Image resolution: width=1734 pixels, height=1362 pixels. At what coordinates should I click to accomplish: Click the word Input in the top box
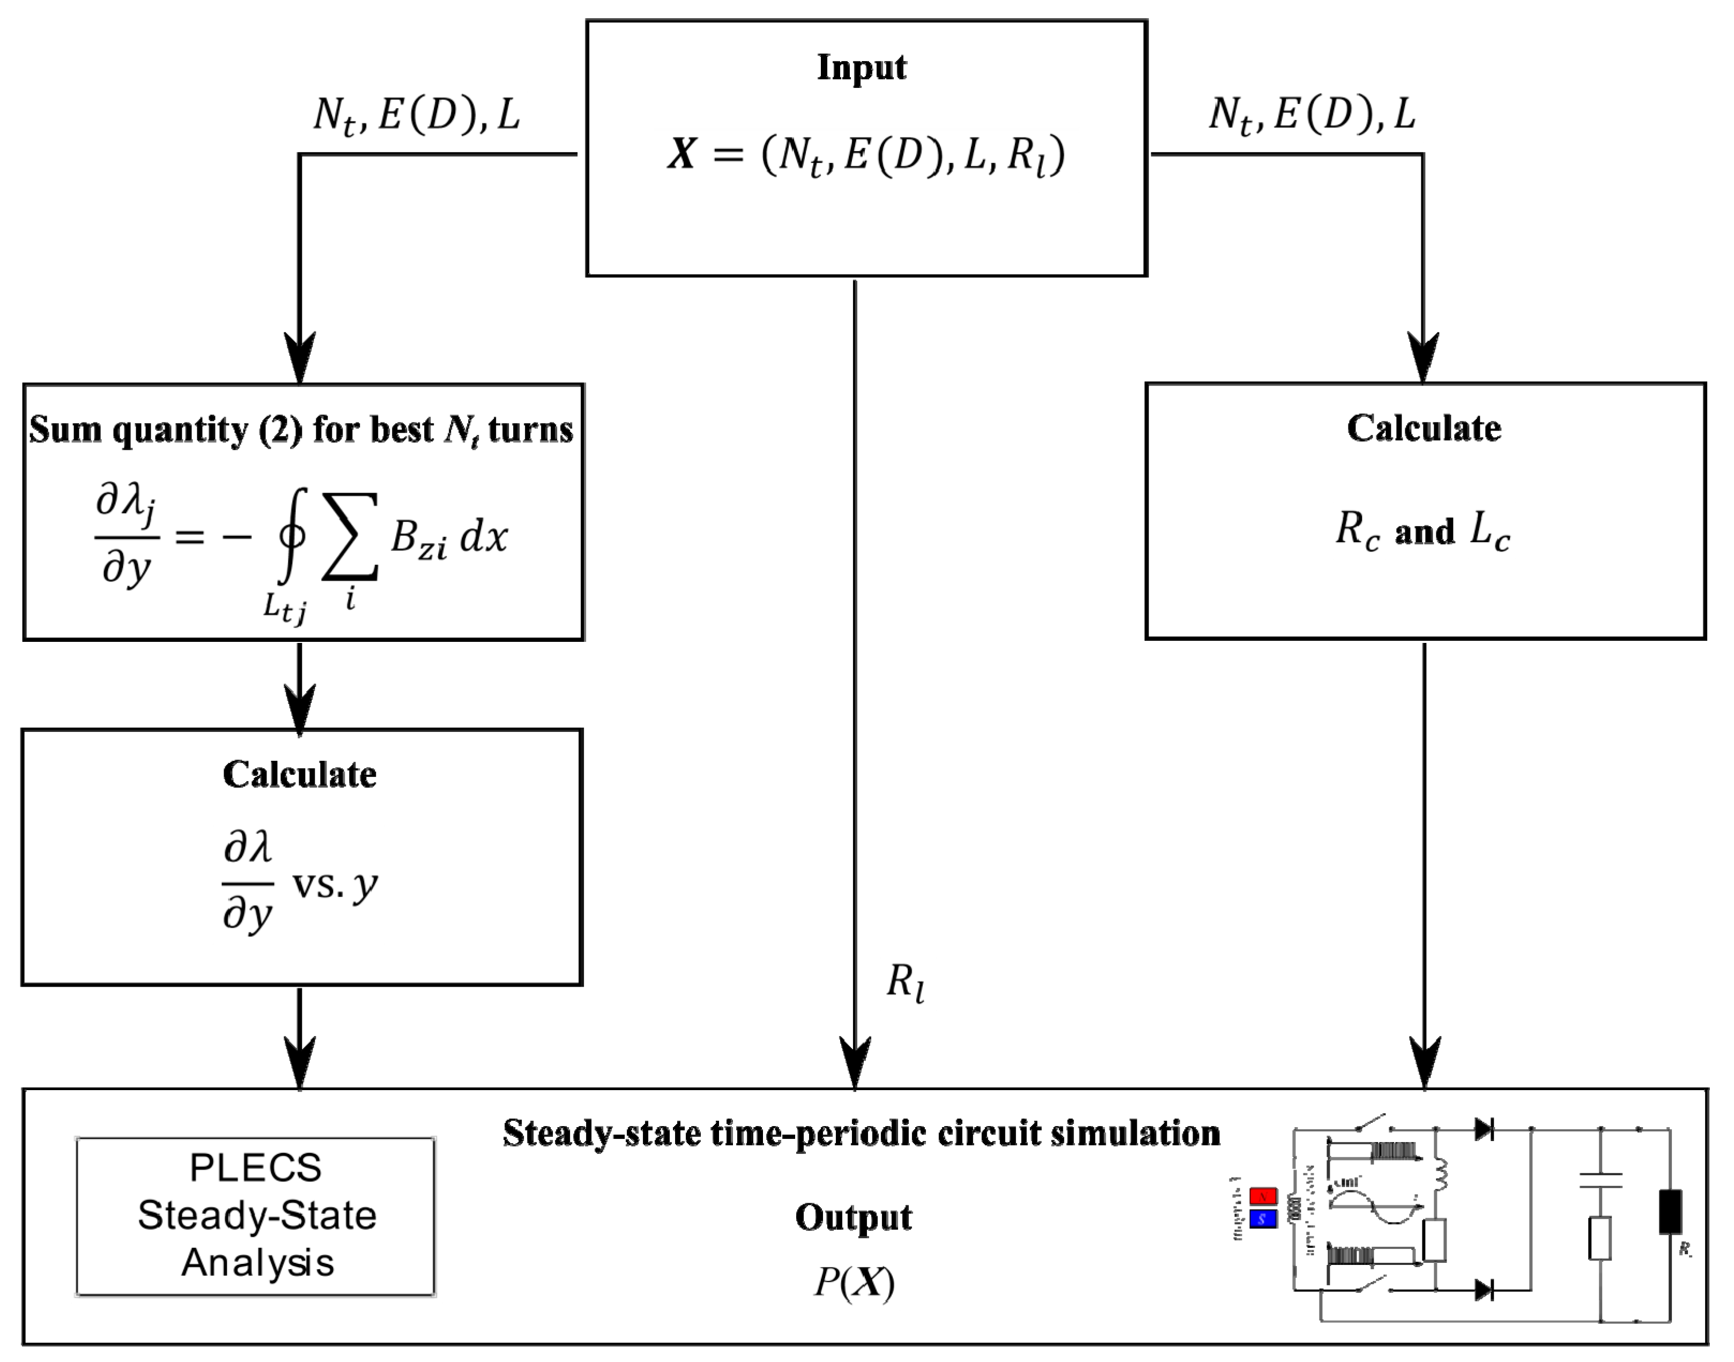click(x=861, y=67)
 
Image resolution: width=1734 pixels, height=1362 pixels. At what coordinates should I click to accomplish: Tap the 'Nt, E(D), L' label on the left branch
click(x=416, y=115)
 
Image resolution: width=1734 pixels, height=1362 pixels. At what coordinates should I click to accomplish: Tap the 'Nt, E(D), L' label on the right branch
click(x=1311, y=115)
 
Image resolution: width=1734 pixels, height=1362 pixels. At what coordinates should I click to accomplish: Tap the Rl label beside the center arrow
click(x=906, y=982)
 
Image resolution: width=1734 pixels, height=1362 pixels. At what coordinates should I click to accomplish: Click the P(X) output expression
click(x=854, y=1282)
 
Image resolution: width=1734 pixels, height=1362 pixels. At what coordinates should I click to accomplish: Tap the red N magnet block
click(x=1264, y=1197)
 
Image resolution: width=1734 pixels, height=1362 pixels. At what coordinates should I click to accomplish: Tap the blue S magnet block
click(x=1264, y=1218)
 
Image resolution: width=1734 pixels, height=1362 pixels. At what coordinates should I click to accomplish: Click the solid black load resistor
click(x=1670, y=1212)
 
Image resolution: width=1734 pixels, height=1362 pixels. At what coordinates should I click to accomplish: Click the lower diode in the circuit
click(x=1484, y=1290)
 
